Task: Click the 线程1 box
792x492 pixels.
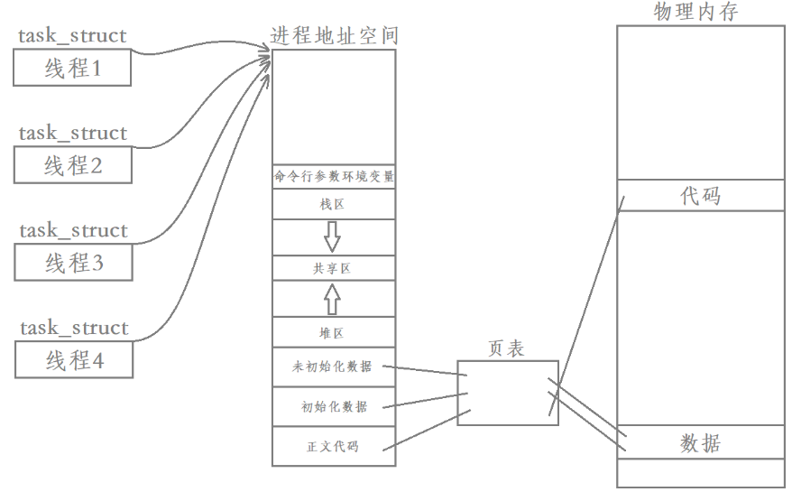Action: point(73,68)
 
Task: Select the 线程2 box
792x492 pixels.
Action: point(73,165)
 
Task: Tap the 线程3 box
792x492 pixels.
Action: point(73,263)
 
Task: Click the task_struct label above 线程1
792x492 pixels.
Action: point(72,36)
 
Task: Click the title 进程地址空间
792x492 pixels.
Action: point(334,36)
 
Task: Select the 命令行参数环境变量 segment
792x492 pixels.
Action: point(334,177)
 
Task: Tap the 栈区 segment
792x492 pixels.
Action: point(333,205)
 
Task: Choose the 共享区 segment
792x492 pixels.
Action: point(333,268)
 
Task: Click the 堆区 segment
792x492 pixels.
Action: point(333,333)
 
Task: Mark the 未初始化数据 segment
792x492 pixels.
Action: point(333,367)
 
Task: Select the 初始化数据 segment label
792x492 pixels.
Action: point(334,407)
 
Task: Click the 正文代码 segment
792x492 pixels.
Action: point(333,446)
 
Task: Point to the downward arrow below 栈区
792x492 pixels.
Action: point(333,237)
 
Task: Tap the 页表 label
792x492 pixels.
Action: point(506,348)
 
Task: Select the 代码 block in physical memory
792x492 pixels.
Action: point(700,195)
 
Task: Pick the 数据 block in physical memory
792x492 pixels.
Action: point(700,443)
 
